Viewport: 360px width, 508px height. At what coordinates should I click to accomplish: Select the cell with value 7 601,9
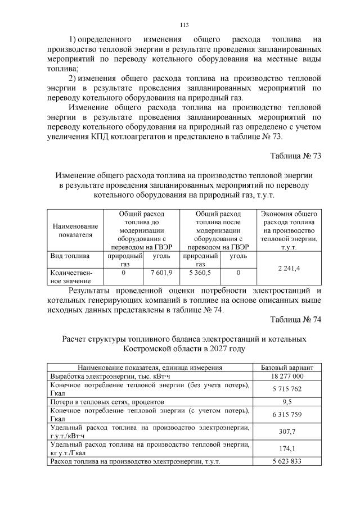[161, 273]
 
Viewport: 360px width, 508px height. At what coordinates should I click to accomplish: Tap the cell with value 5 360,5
[200, 273]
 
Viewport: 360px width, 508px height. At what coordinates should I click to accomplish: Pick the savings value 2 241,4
[289, 269]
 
